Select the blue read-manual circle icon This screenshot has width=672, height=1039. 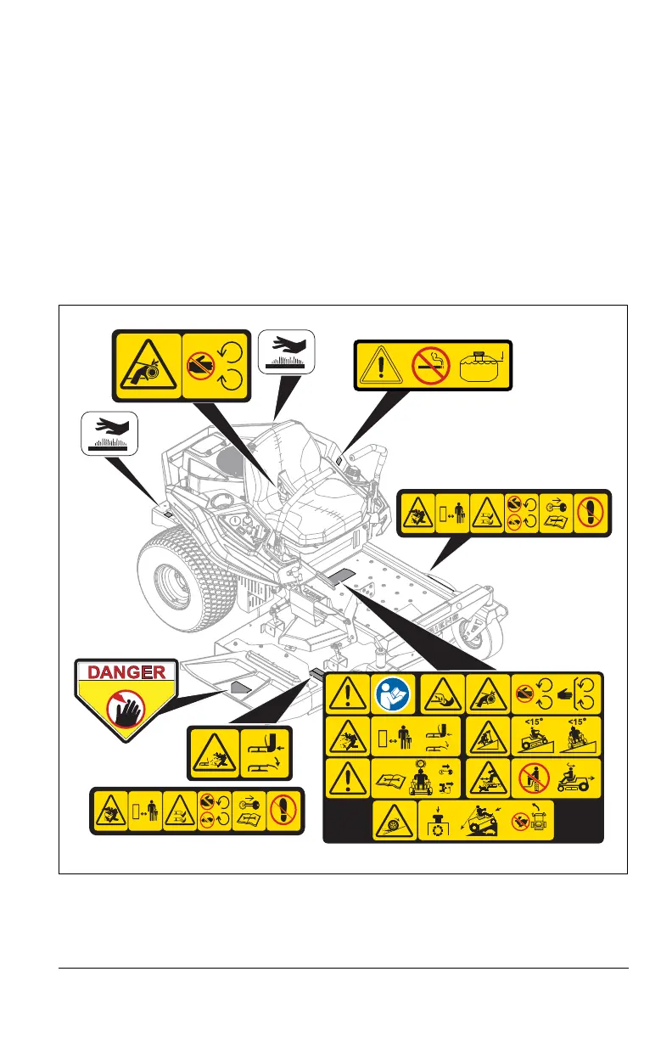click(x=394, y=694)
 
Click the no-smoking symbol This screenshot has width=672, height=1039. click(x=430, y=366)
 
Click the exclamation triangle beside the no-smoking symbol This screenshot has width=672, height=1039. click(x=384, y=367)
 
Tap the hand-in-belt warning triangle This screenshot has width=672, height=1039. click(x=148, y=365)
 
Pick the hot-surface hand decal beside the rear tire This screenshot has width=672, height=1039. click(x=109, y=430)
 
